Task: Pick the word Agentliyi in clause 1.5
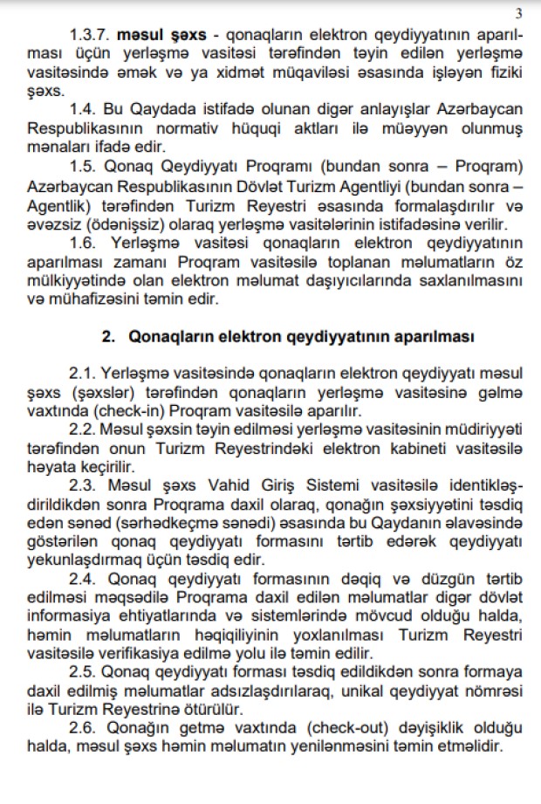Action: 398,186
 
